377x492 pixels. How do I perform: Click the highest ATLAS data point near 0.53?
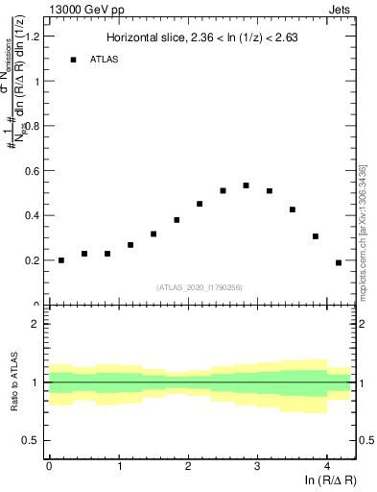(x=246, y=185)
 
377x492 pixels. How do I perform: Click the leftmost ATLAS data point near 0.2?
(x=60, y=260)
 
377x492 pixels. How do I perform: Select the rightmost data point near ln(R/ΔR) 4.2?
(x=339, y=262)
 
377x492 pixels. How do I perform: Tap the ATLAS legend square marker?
(x=73, y=60)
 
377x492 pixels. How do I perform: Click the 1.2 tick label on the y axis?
(x=32, y=37)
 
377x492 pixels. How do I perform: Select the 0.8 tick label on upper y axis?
(x=32, y=126)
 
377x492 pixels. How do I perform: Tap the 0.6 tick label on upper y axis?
(x=32, y=171)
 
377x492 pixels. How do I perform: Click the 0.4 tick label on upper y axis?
(x=32, y=215)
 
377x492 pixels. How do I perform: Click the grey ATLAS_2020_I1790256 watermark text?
(x=200, y=286)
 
